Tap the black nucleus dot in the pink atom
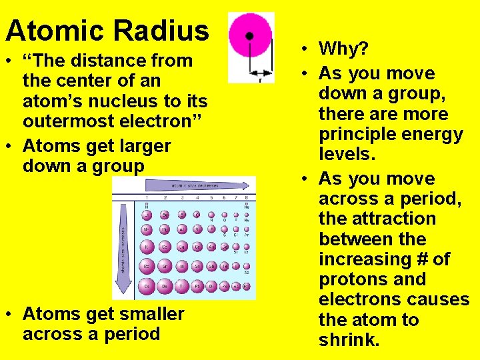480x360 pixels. point(249,36)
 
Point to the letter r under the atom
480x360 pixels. point(261,80)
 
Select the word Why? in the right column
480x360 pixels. point(343,49)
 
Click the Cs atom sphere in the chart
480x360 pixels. point(146,285)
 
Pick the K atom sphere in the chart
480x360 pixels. point(146,247)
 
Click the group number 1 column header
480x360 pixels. point(146,198)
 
